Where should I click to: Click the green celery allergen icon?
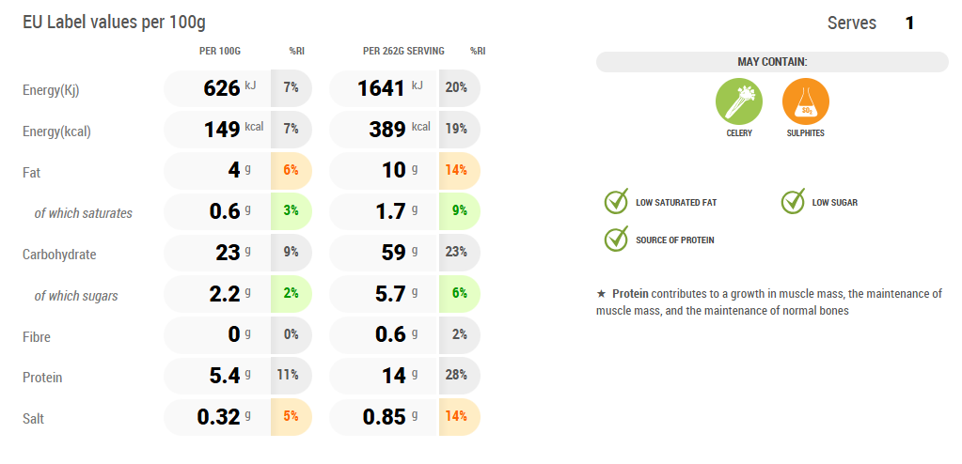point(739,101)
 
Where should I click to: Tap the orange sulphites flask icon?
point(805,101)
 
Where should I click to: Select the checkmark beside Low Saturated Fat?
point(616,202)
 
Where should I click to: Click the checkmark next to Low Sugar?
point(793,202)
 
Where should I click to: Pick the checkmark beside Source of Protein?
point(616,240)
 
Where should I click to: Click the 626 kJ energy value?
point(222,88)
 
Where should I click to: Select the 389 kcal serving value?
point(387,130)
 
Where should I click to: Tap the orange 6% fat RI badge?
point(291,171)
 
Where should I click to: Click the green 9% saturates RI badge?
point(459,212)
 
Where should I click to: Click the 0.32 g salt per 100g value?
point(218,418)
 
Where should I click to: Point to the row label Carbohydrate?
point(59,255)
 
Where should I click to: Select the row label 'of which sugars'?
point(76,296)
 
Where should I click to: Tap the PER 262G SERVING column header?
point(403,51)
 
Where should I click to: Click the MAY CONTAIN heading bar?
point(772,62)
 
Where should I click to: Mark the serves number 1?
point(909,23)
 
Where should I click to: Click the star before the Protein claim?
point(602,294)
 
